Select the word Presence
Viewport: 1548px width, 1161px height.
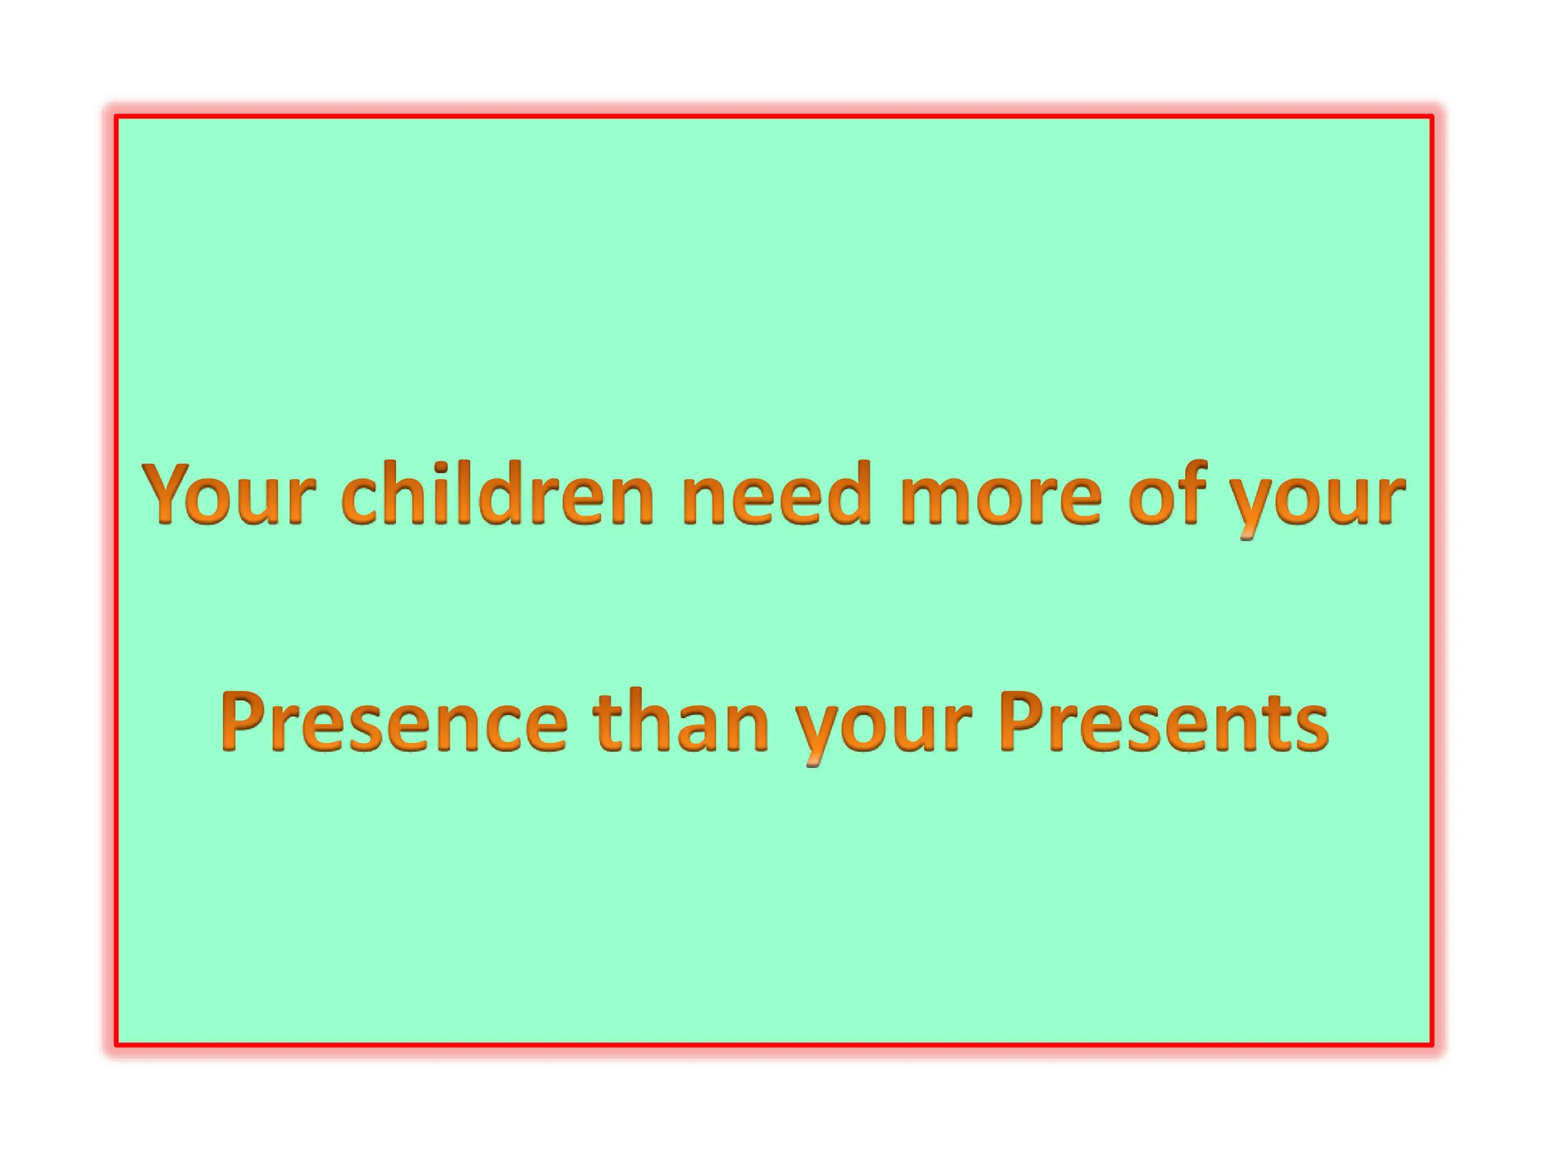tap(394, 722)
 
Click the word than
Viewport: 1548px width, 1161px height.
tap(680, 722)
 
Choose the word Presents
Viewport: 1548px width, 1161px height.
tap(1163, 722)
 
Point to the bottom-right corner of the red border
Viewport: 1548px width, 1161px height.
tap(1432, 1045)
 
